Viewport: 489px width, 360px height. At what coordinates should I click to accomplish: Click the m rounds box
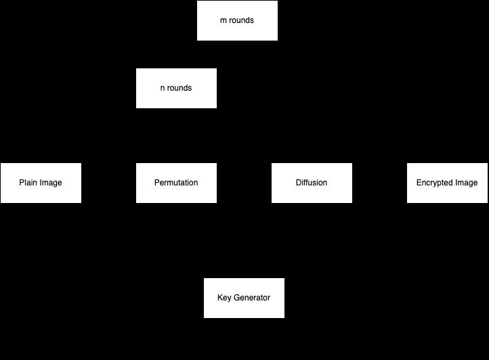237,20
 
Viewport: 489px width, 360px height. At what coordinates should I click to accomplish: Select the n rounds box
176,88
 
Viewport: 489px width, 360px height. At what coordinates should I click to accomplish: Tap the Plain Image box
41,183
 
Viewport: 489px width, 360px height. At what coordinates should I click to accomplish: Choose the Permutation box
176,183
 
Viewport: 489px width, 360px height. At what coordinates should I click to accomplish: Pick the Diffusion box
312,183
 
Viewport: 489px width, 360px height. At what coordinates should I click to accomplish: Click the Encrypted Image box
447,183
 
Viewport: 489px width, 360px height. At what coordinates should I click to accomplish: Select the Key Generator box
244,298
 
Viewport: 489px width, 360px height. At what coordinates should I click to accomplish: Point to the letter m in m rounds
224,20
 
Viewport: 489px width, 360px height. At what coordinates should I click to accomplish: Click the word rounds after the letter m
242,20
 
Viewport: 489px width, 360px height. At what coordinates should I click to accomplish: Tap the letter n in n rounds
163,88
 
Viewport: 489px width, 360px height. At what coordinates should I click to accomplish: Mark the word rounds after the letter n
179,88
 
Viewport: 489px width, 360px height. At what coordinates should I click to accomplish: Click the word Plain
28,183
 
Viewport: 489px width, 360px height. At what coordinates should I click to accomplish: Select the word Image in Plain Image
51,183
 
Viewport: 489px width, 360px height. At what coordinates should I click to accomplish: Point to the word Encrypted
435,183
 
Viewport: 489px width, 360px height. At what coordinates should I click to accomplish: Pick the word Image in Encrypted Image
467,183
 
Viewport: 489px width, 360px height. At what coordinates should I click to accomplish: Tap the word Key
224,298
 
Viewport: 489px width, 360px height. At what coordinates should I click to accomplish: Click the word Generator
252,298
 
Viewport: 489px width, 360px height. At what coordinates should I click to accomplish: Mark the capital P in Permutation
157,183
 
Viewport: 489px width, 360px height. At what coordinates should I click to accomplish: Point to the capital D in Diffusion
299,183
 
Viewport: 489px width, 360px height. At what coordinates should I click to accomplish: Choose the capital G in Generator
237,298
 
